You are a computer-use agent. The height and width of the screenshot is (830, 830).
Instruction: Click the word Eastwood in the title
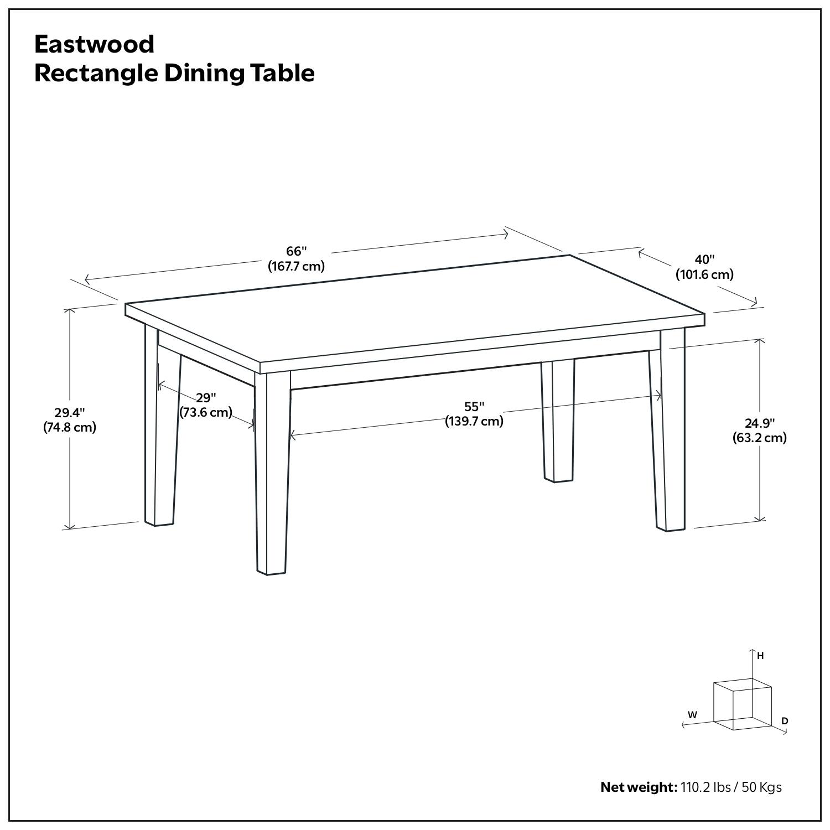(x=94, y=44)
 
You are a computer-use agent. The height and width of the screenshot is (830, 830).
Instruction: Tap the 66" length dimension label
(x=296, y=252)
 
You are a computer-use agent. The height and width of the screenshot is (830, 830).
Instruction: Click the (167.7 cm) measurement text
(x=296, y=266)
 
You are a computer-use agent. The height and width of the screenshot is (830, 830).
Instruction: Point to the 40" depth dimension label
(x=704, y=260)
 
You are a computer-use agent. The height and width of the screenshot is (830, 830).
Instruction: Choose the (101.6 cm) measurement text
(x=704, y=274)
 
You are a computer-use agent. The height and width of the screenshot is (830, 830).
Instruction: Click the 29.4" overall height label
(x=70, y=413)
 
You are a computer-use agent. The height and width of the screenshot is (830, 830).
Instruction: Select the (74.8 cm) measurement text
(x=70, y=427)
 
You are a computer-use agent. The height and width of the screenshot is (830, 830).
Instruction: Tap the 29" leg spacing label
(x=206, y=398)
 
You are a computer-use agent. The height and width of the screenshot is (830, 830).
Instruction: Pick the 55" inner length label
(x=474, y=407)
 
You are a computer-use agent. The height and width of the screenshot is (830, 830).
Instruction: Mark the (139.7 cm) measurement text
(x=474, y=422)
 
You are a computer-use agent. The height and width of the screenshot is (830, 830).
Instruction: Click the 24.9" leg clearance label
(x=759, y=423)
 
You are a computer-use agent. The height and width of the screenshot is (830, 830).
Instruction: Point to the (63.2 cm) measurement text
(x=759, y=438)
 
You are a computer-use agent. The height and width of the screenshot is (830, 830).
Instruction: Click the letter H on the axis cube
(x=760, y=656)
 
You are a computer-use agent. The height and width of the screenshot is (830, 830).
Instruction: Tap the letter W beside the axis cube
(x=692, y=714)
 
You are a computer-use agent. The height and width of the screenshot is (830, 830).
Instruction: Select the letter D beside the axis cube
(x=785, y=721)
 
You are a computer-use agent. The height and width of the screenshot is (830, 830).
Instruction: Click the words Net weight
(x=638, y=787)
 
